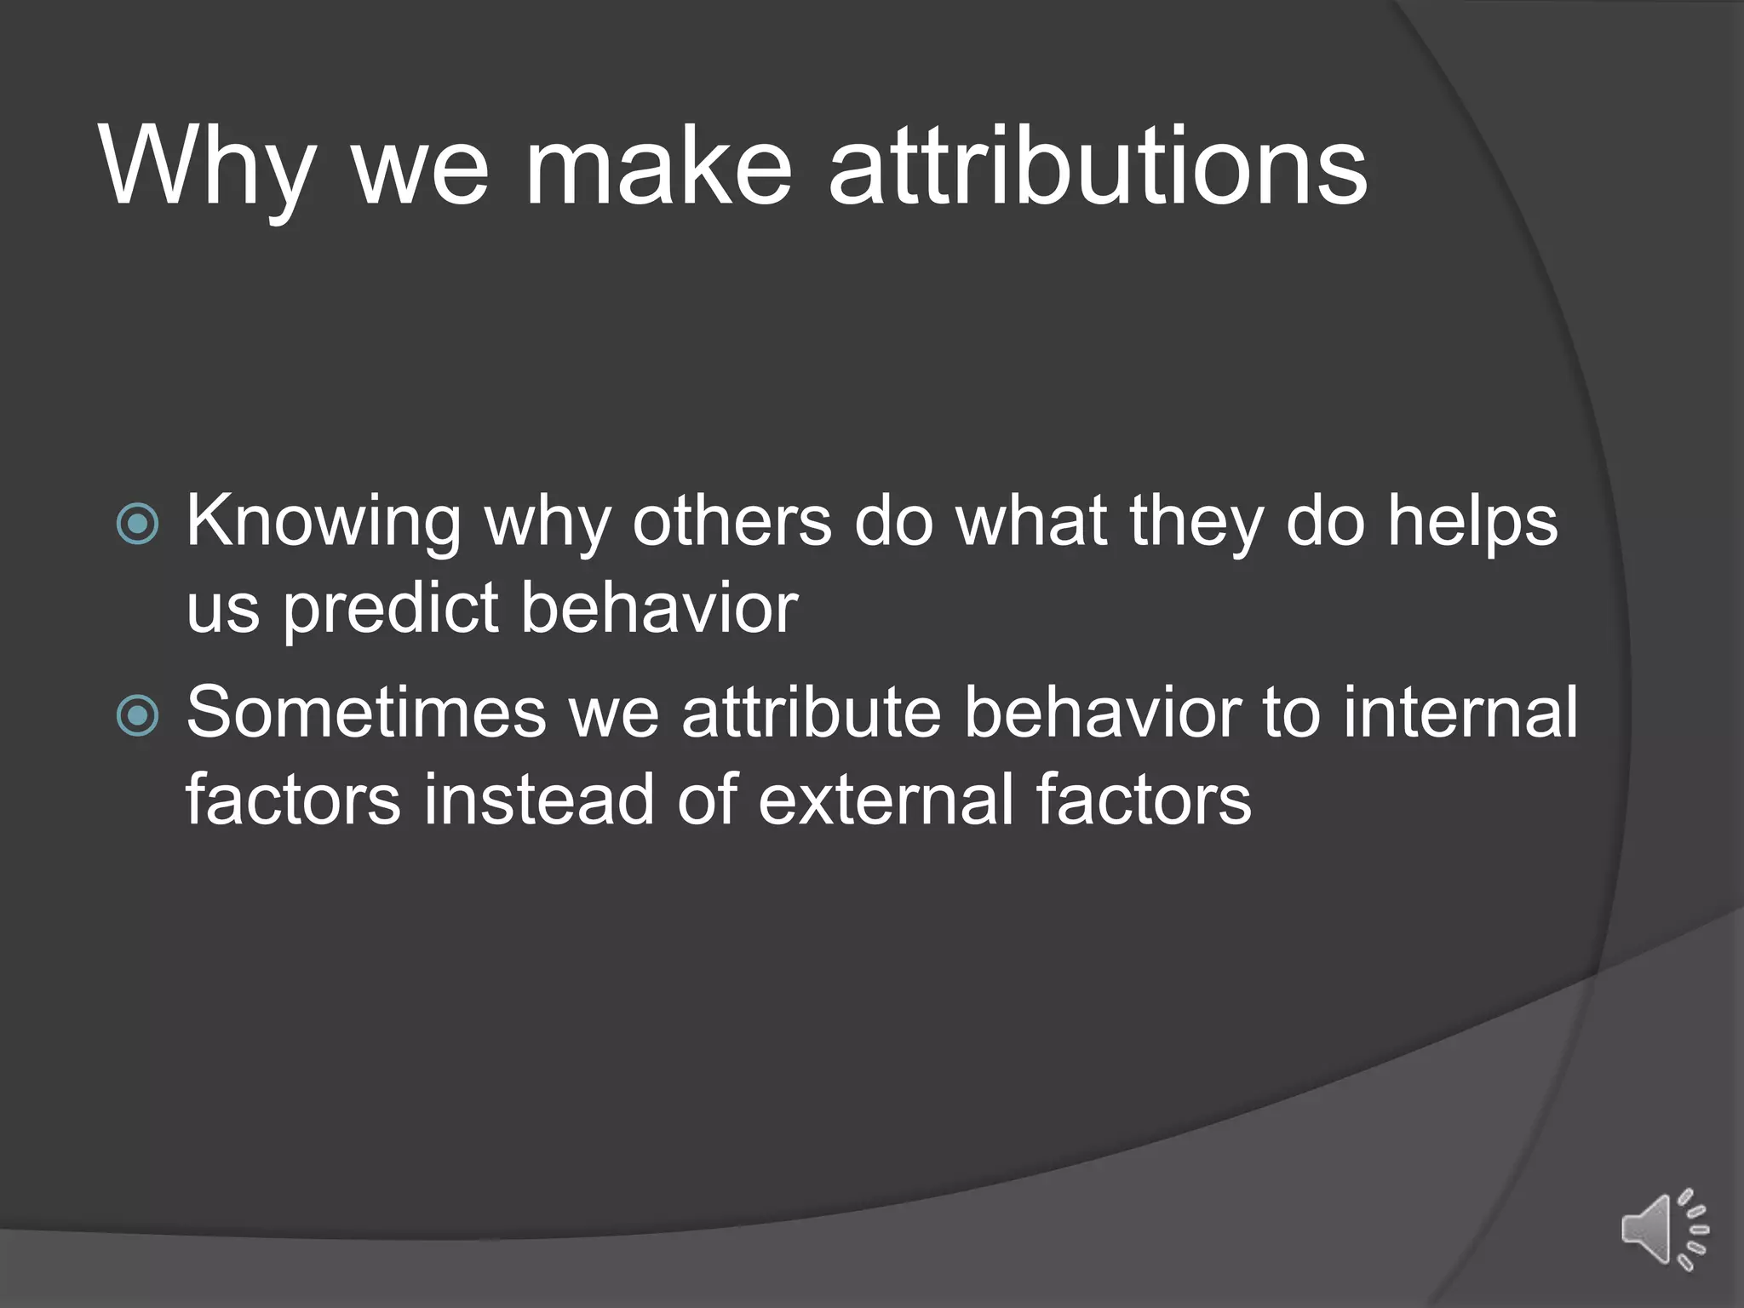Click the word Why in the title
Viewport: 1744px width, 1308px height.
click(209, 166)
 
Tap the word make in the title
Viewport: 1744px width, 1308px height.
click(658, 166)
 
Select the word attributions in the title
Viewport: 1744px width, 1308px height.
click(1098, 166)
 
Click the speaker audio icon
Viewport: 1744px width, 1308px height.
click(1664, 1229)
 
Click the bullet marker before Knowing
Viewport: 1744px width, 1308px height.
click(137, 524)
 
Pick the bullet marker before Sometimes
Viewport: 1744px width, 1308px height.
click(137, 715)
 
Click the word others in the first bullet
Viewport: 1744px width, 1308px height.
click(731, 521)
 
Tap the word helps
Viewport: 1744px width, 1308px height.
click(1472, 521)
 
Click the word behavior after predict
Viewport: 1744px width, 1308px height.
click(659, 609)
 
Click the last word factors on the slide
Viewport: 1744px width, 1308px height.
click(1144, 800)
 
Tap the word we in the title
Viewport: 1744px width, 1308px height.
click(420, 166)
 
